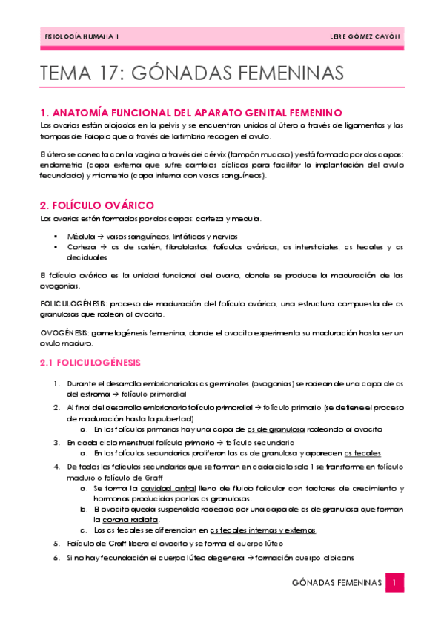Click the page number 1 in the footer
[396, 584]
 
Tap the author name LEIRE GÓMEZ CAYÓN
[363, 36]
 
